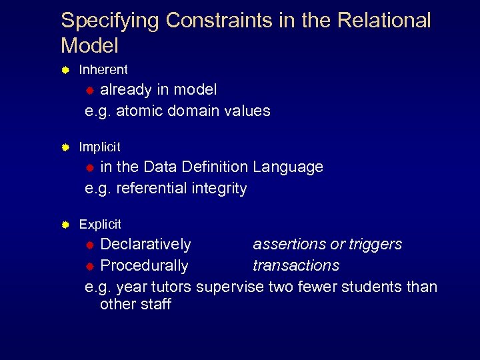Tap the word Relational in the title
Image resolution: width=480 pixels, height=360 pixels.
[385, 20]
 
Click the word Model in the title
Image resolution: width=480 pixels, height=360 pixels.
[89, 46]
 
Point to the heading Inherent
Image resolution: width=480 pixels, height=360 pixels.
[103, 69]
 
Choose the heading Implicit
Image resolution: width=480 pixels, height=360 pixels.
[100, 147]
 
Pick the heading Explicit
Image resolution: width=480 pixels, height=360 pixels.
[100, 225]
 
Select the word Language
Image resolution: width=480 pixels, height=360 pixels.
[288, 167]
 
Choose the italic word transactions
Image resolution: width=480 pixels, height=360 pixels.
[295, 265]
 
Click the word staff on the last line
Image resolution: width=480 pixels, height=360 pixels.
[154, 305]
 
